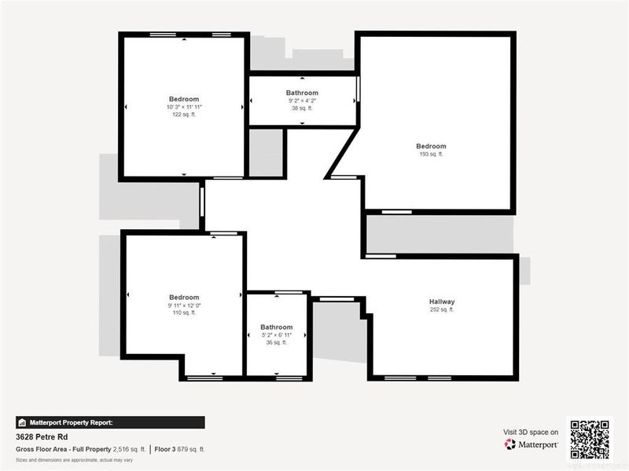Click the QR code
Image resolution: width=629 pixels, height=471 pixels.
589,439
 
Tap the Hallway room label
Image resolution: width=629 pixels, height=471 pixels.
442,301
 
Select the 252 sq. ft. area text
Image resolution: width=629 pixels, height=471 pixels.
442,310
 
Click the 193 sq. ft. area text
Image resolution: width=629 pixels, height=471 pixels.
431,155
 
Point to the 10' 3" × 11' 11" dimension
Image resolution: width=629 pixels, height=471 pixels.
183,107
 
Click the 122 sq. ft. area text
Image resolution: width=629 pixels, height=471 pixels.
183,115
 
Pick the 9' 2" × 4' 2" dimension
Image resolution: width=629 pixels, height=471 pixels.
302,100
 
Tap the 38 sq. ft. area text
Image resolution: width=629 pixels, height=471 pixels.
302,108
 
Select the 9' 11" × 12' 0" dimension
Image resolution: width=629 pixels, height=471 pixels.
184,305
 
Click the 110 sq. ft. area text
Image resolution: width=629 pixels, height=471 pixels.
184,313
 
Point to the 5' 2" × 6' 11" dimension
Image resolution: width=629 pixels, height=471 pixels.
276,335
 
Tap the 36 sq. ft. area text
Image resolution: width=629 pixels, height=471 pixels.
276,343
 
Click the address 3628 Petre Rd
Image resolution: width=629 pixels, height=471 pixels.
42,436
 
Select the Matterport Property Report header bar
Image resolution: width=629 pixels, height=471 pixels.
110,422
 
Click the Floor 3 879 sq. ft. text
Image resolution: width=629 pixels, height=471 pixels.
180,449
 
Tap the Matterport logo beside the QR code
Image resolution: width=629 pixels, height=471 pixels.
532,444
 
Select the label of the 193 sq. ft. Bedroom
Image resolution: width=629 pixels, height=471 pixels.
431,146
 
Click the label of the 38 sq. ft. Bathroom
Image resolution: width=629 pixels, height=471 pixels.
302,93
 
